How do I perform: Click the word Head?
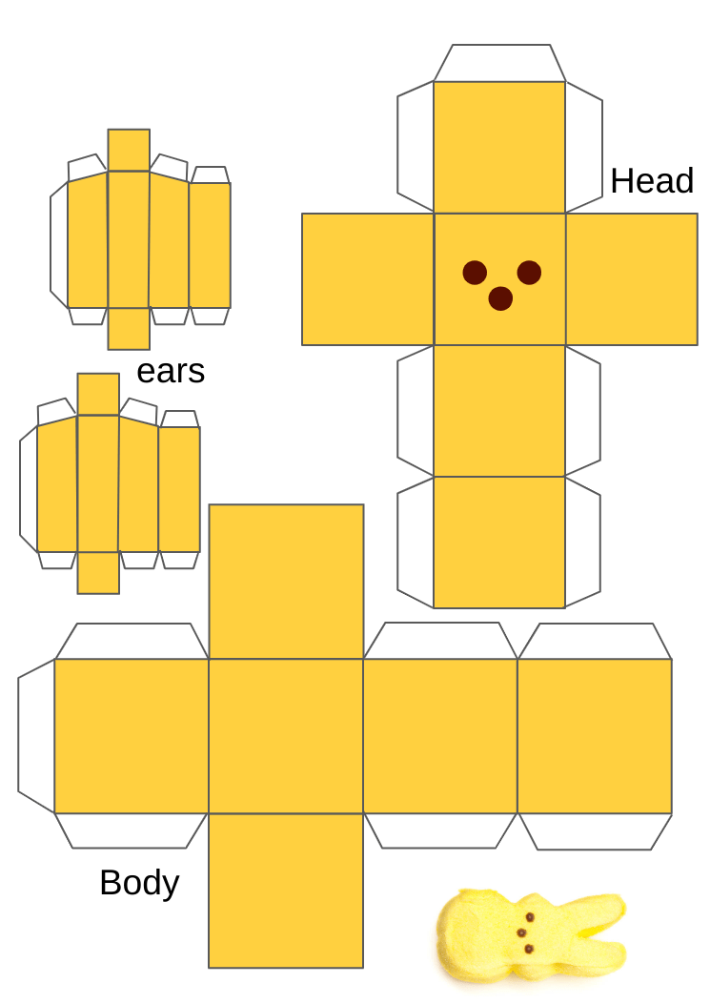(652, 181)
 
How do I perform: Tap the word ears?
(171, 371)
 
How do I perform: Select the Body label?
(139, 883)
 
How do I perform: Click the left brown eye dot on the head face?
(475, 273)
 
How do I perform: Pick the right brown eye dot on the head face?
(529, 273)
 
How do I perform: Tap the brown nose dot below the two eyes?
(500, 299)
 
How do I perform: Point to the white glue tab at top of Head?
(499, 63)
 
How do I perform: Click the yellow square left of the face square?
(367, 278)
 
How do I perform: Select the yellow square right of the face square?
(631, 278)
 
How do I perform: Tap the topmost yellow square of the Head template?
(499, 147)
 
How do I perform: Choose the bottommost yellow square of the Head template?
(499, 542)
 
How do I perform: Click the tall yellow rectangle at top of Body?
(286, 581)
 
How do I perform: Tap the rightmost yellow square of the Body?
(594, 735)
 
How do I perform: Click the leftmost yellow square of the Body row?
(131, 735)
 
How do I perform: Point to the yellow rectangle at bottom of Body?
(286, 890)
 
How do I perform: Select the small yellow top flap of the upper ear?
(129, 150)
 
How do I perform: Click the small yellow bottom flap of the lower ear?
(98, 573)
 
